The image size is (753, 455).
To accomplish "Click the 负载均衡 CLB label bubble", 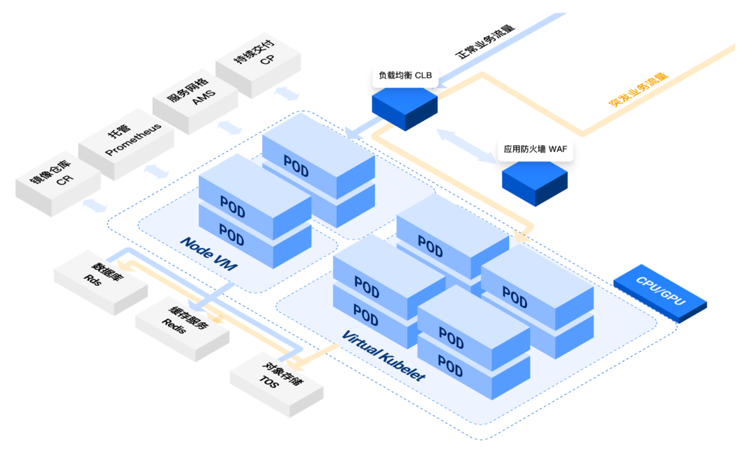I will [x=405, y=75].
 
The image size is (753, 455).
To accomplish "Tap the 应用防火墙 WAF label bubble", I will [x=535, y=149].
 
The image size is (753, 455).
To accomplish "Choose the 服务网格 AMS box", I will [x=195, y=105].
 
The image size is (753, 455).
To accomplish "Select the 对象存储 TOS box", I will [x=277, y=377].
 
